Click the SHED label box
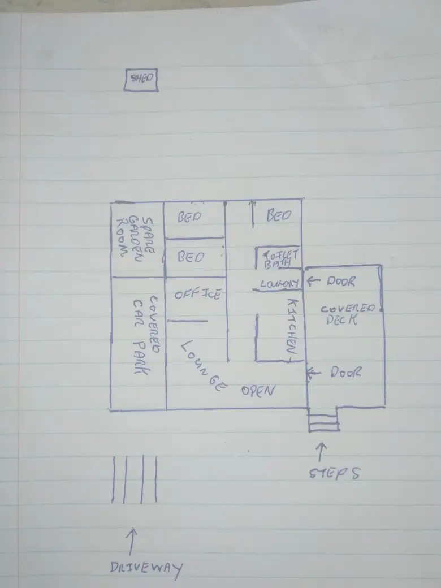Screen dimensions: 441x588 coord(141,79)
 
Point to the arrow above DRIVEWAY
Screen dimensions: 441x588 coord(133,539)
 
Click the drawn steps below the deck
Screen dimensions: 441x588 coord(323,422)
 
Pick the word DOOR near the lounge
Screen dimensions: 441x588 coord(346,373)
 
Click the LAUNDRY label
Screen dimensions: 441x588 coord(279,284)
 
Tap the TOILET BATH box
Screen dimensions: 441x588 coord(278,258)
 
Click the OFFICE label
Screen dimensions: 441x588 coord(197,294)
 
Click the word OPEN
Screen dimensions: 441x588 coord(258,391)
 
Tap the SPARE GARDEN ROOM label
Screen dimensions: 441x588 coord(136,236)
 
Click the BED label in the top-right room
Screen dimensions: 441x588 coord(278,215)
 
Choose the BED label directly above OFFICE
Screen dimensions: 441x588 coord(190,257)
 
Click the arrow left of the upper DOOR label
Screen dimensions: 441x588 coord(313,281)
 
